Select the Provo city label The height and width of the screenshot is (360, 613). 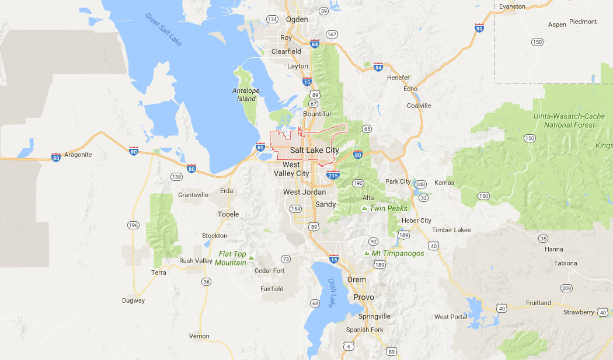(x=363, y=297)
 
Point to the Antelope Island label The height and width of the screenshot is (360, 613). (x=245, y=95)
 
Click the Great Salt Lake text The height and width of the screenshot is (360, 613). (x=163, y=26)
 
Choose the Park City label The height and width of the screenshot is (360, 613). (x=398, y=181)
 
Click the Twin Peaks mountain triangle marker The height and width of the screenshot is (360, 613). (x=364, y=208)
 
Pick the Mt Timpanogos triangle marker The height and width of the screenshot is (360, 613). (x=366, y=253)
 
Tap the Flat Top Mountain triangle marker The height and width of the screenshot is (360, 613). (x=251, y=257)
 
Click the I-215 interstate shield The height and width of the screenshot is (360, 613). (x=333, y=174)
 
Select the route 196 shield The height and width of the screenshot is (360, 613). (x=133, y=225)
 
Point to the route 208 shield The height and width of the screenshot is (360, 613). (x=566, y=288)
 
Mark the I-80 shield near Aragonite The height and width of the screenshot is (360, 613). (x=56, y=158)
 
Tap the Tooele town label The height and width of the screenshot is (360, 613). (x=228, y=214)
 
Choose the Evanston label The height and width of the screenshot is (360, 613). (x=513, y=6)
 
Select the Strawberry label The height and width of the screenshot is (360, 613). (x=579, y=313)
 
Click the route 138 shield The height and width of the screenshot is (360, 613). (x=177, y=176)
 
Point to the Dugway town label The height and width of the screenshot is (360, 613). (x=133, y=301)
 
